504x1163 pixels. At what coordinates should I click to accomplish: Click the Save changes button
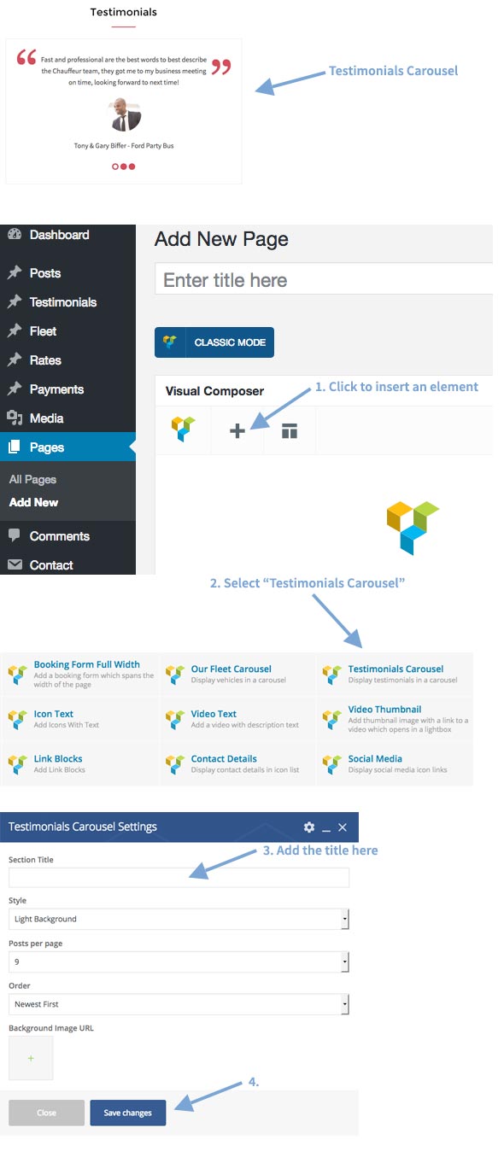128,1112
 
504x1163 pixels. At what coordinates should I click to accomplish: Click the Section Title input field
179,878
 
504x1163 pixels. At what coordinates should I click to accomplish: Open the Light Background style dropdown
179,919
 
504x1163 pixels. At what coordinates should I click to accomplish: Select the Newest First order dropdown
179,1004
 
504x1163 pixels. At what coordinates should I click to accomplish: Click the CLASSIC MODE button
214,342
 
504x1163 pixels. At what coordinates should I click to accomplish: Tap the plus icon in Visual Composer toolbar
237,430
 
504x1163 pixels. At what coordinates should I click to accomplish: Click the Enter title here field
323,280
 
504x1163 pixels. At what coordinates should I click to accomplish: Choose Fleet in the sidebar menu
43,331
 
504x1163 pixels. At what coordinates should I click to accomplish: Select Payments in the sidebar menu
56,389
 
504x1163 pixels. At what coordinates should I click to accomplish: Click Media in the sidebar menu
46,418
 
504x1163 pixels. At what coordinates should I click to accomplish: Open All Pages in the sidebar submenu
32,479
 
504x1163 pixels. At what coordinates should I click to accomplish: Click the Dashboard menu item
59,235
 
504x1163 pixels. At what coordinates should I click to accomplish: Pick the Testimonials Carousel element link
396,669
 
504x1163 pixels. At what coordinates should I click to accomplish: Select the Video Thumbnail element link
384,710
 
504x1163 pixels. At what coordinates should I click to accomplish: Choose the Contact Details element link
224,758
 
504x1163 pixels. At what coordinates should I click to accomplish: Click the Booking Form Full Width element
87,664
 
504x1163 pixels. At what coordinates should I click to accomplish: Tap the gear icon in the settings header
309,827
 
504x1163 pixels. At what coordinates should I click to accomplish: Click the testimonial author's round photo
125,114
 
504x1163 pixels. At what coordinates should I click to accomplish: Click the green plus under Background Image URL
31,1058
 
